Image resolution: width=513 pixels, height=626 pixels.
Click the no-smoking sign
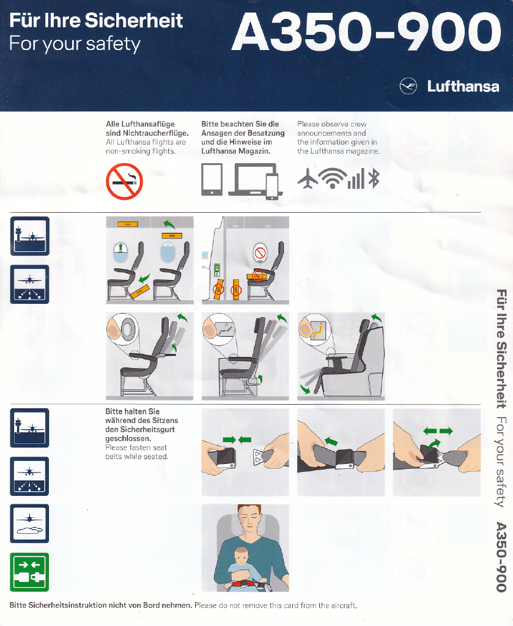[124, 181]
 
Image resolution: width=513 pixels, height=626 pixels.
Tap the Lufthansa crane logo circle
[408, 86]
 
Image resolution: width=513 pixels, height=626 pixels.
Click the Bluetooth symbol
[374, 178]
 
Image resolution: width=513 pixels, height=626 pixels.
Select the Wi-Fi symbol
[333, 178]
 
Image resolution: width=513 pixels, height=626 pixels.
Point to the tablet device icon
[212, 179]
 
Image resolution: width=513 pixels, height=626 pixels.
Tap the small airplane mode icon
[308, 178]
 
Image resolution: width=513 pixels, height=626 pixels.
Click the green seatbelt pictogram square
[29, 572]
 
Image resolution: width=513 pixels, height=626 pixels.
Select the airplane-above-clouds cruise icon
[29, 523]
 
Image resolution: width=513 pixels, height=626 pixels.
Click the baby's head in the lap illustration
[241, 555]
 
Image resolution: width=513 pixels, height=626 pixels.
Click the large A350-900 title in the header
[366, 32]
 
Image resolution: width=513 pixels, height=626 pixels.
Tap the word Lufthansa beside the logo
[463, 86]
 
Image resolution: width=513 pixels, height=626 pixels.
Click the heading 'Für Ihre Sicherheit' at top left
[96, 20]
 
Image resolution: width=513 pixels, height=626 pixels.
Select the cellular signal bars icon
[356, 179]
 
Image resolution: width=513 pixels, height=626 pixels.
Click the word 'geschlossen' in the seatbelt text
[127, 438]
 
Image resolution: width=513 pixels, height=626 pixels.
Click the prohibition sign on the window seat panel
[260, 253]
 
